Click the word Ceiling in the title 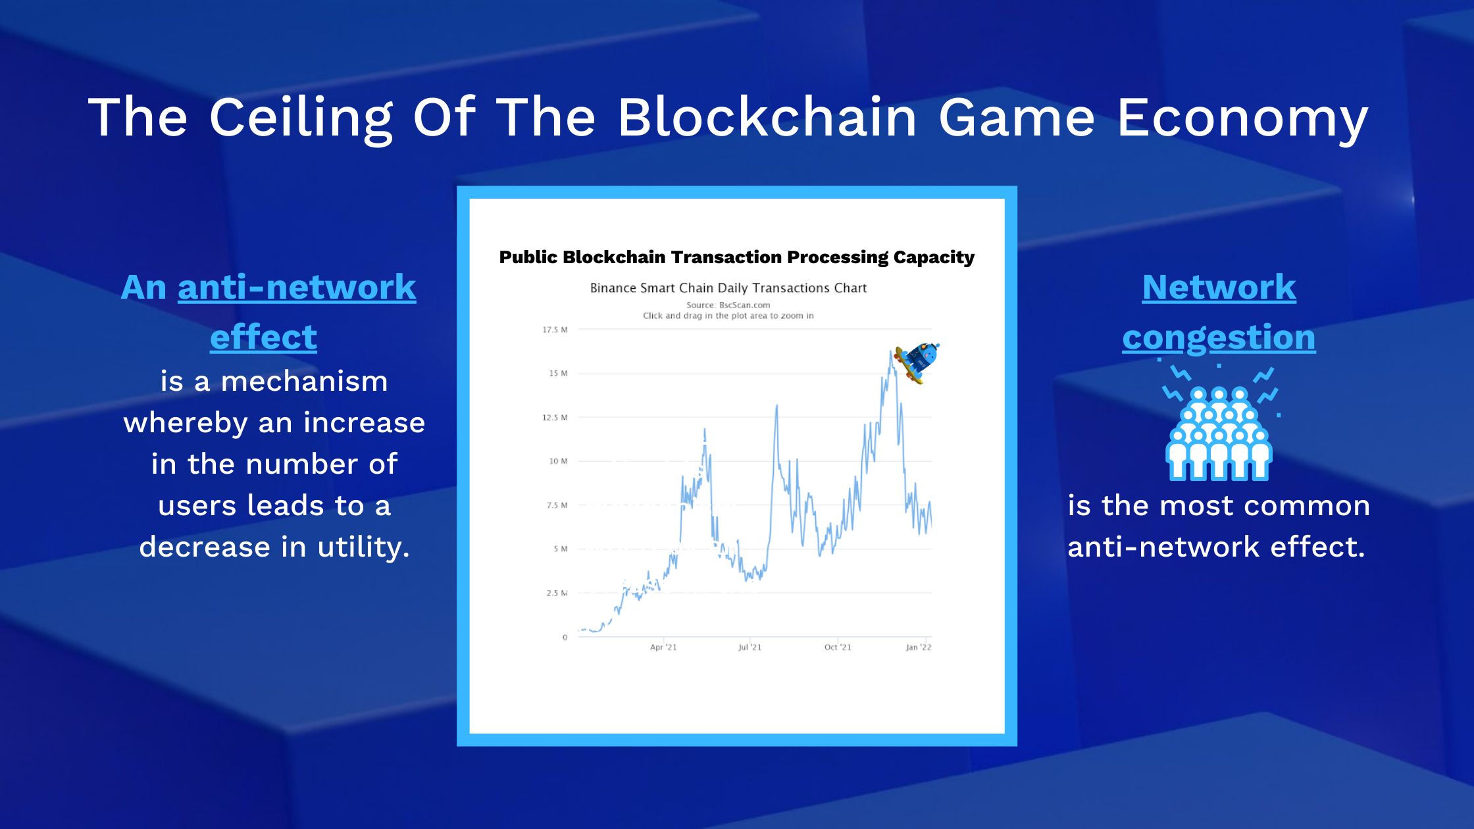pyautogui.click(x=301, y=117)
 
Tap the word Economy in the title pyautogui.click(x=1242, y=117)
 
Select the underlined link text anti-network pyautogui.click(x=297, y=288)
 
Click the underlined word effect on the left pyautogui.click(x=263, y=337)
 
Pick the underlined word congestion pyautogui.click(x=1219, y=338)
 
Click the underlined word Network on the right pyautogui.click(x=1219, y=288)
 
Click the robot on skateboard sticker pyautogui.click(x=917, y=362)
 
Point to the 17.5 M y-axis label pyautogui.click(x=555, y=330)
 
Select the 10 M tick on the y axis pyautogui.click(x=558, y=461)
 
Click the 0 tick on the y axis pyautogui.click(x=565, y=637)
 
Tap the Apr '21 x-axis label pyautogui.click(x=663, y=647)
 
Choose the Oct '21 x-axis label pyautogui.click(x=838, y=647)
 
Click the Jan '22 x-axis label pyautogui.click(x=919, y=647)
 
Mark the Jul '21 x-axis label pyautogui.click(x=750, y=647)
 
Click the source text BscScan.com pyautogui.click(x=744, y=305)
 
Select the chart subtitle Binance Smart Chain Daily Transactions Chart pyautogui.click(x=728, y=288)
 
